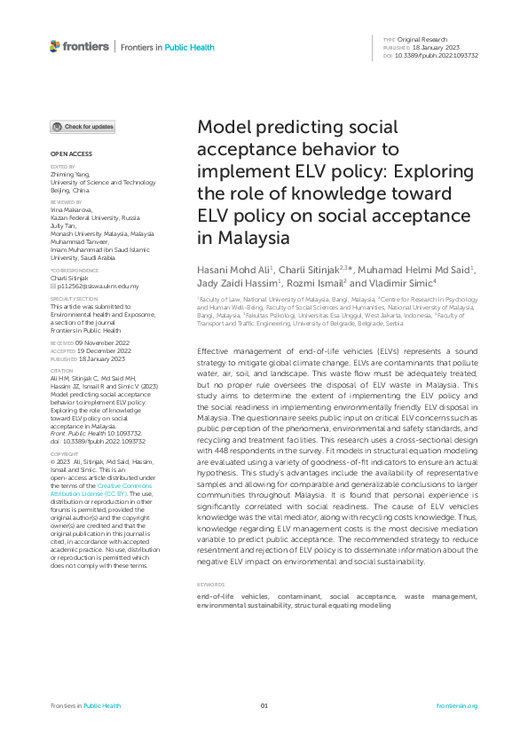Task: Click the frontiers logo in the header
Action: point(79,46)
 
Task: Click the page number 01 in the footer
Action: point(264,705)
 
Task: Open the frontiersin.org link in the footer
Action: point(457,705)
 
